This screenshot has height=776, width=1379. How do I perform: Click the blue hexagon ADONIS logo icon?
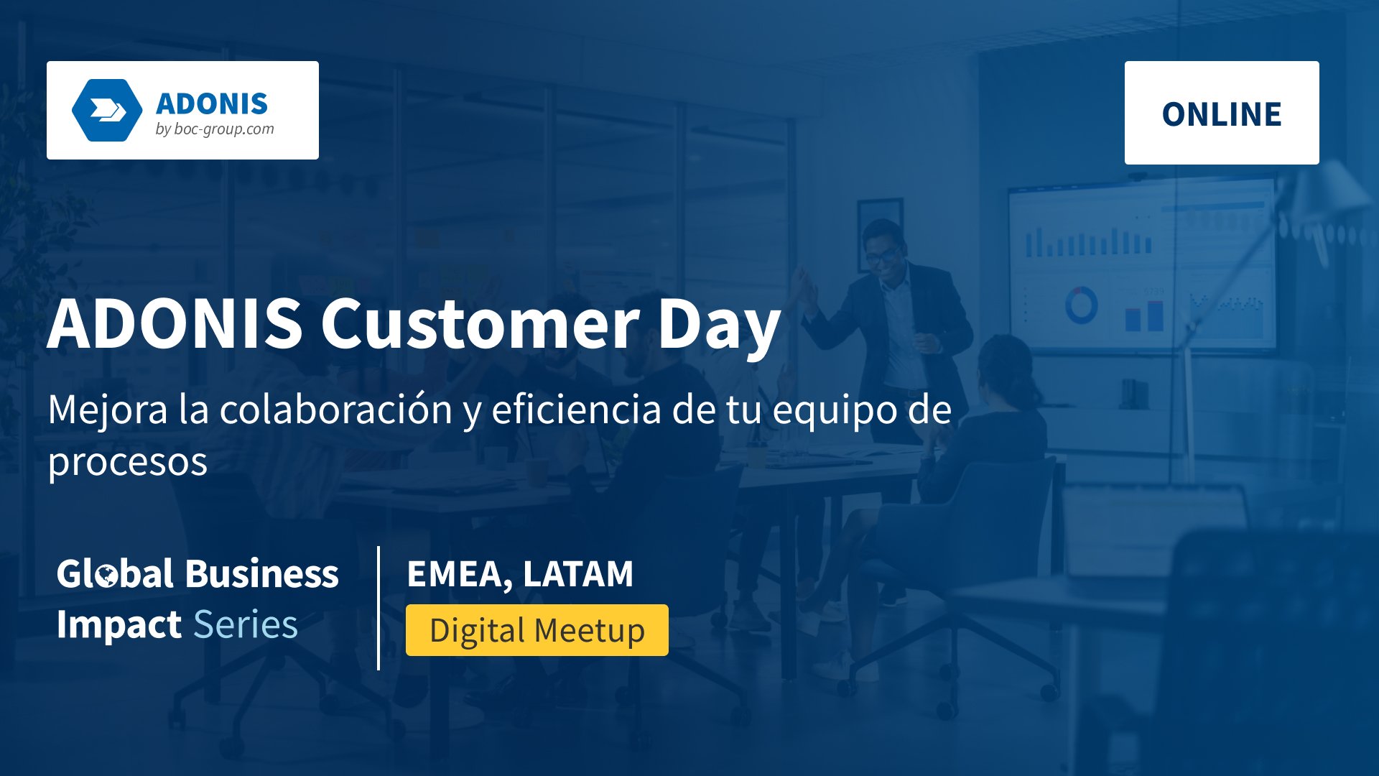tap(108, 110)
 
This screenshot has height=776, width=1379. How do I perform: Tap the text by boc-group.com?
tap(215, 129)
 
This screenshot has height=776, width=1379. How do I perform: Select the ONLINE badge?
tap(1222, 113)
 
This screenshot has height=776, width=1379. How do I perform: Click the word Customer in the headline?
tap(480, 323)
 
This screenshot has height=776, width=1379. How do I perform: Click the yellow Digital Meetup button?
tap(537, 630)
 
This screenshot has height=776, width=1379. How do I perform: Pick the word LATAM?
tap(578, 573)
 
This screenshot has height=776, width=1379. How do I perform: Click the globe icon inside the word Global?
tap(107, 576)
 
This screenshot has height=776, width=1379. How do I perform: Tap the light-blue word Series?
tap(246, 624)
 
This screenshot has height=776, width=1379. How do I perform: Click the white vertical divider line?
tap(379, 608)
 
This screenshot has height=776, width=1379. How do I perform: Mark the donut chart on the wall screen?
tap(1081, 305)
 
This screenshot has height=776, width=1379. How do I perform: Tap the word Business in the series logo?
tap(261, 574)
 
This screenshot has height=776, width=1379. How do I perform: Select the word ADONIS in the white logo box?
tap(212, 104)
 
